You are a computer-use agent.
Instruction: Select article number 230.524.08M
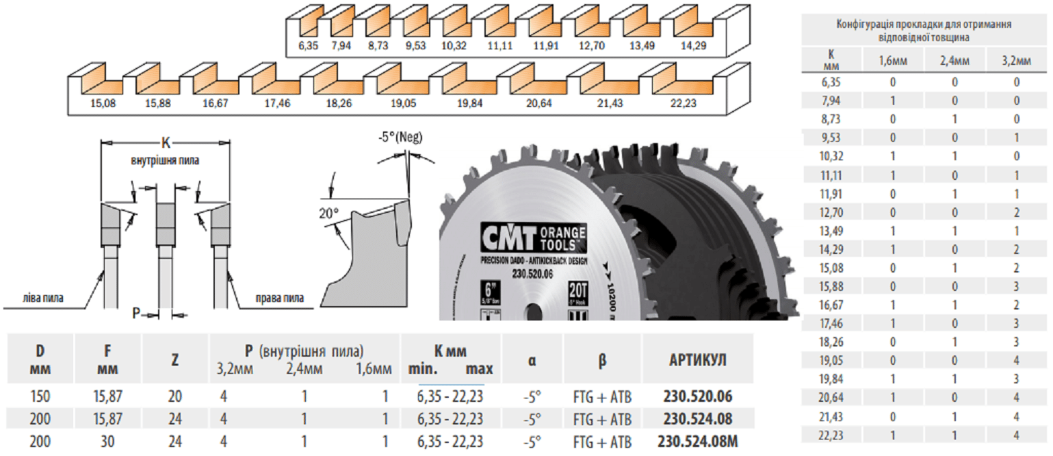click(x=697, y=442)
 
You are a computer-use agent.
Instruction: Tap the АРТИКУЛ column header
click(x=697, y=360)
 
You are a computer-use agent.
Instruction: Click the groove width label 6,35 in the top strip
click(x=309, y=47)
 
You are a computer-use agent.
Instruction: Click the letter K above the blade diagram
click(x=165, y=143)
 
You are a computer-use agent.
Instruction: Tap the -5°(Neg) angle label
click(x=400, y=137)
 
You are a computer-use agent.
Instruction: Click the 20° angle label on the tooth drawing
click(x=328, y=213)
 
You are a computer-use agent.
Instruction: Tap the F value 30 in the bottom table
click(x=107, y=442)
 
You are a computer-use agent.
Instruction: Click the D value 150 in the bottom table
click(x=40, y=396)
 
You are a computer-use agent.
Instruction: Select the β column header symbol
click(x=601, y=360)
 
